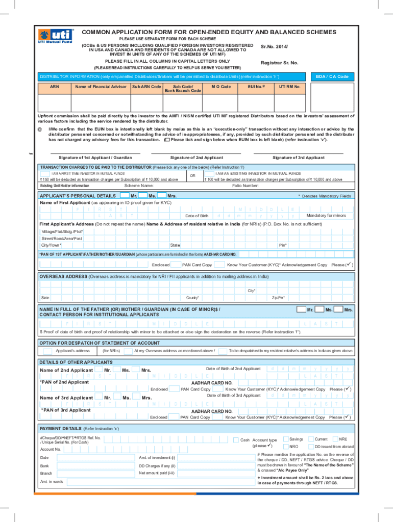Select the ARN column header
pos(54,87)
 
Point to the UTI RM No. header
pos(289,87)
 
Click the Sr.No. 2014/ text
pos(278,46)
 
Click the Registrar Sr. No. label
pos(279,63)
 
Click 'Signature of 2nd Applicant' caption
pos(196,158)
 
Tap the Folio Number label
pos(245,186)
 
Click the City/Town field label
pos(52,245)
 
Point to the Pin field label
pos(282,245)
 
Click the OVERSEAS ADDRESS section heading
pos(63,276)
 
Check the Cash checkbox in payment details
pos(235,439)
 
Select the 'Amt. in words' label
pos(52,481)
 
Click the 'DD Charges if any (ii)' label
pos(157,465)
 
